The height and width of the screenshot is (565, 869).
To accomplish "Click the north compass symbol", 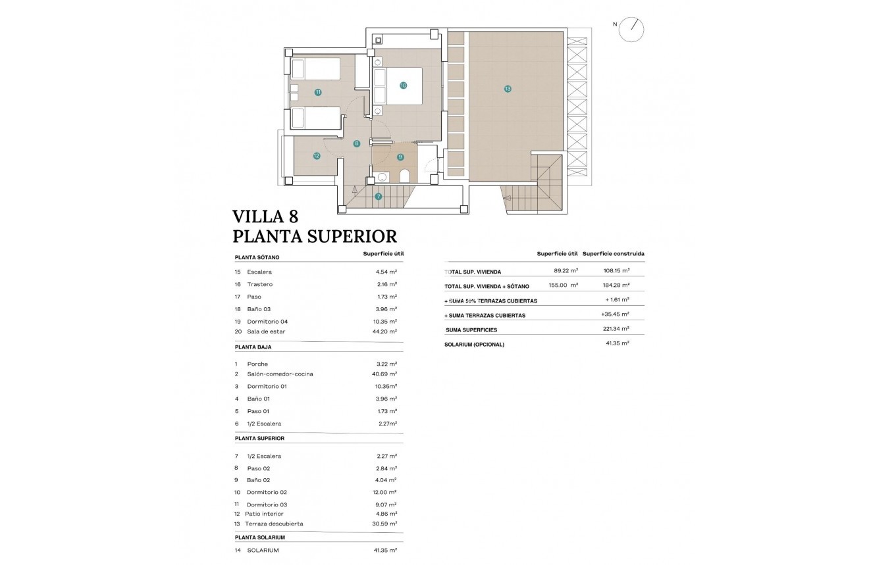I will pos(631,29).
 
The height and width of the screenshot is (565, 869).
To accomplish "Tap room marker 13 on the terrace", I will pos(508,88).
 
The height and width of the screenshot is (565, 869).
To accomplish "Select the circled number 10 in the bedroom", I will pos(403,85).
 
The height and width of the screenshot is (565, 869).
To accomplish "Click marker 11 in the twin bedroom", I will pos(318,92).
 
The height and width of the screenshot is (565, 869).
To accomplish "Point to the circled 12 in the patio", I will pos(317,156).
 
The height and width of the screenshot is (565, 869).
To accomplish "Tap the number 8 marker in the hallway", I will pos(356,143).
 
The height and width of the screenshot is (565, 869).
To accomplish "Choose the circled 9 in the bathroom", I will pos(400,157).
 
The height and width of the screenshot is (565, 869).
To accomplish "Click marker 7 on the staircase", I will pos(379,196).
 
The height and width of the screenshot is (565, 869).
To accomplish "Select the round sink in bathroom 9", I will pos(382,176).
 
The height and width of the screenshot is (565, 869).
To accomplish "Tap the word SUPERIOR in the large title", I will pos(350,236).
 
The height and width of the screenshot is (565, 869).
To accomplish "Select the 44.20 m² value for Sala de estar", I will pos(384,332).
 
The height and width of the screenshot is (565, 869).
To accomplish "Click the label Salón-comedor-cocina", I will pos(280,374).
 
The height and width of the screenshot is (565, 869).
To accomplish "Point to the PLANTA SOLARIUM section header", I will pos(260,537).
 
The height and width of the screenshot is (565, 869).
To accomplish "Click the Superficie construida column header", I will pos(613,253).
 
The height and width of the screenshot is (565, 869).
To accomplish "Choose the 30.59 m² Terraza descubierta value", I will pos(384,524).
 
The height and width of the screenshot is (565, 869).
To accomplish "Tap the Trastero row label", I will pos(259,284).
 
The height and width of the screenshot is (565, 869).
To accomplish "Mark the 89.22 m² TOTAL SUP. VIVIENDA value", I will pos(566,271).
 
